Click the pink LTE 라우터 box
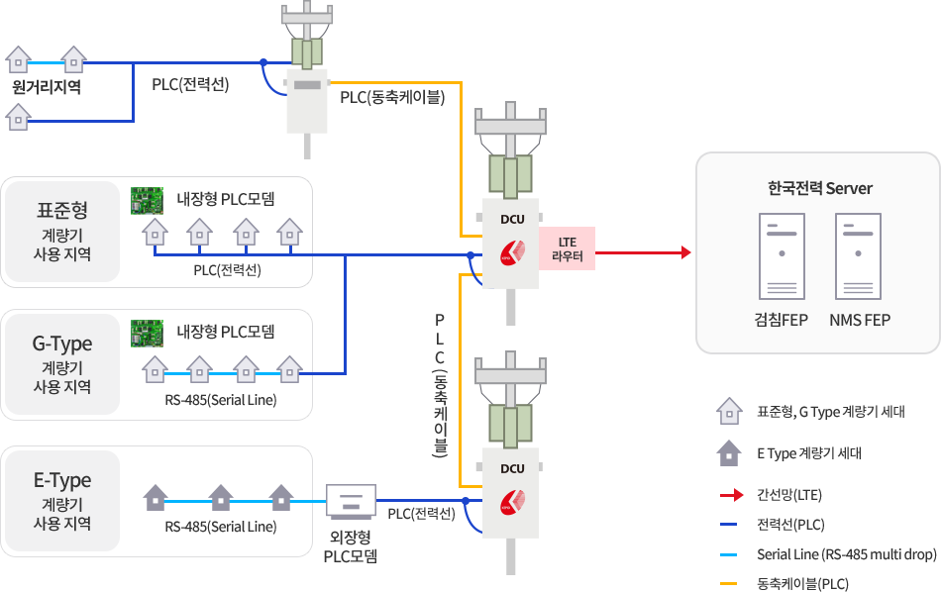coord(568,248)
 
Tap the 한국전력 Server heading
coord(819,188)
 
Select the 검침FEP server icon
coord(782,256)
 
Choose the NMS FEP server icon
coord(858,256)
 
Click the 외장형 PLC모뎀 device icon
coord(351,501)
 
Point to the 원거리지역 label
coord(46,88)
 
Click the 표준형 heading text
coord(62,210)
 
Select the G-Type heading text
coord(62,344)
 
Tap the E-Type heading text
coord(62,480)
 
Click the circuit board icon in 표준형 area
coord(148,200)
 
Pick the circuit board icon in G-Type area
coord(148,334)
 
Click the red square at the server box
coord(685,251)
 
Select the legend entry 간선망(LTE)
coord(789,495)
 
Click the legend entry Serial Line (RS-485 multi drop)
coord(846,554)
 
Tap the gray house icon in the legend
coord(728,452)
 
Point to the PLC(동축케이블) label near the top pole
coord(392,98)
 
